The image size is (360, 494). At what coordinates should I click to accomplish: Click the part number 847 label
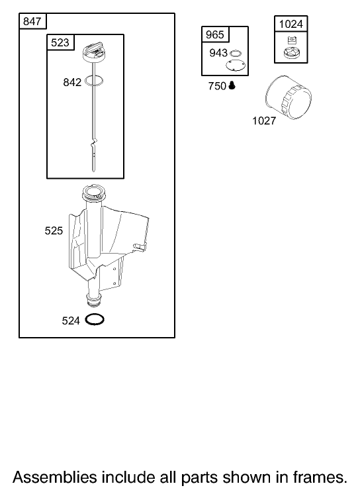pos(32,21)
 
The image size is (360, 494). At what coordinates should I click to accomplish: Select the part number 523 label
pos(60,42)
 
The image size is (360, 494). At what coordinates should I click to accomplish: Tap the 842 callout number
pos(72,82)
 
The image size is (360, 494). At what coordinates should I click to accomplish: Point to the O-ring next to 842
pos(94,81)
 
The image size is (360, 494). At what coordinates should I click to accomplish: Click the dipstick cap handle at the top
pos(94,50)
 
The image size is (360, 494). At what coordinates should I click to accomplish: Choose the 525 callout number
pos(54,231)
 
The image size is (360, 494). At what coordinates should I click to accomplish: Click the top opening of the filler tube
pos(92,192)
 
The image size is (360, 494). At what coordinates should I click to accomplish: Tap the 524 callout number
pos(71,321)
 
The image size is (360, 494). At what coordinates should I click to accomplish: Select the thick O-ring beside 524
pos(95,319)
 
